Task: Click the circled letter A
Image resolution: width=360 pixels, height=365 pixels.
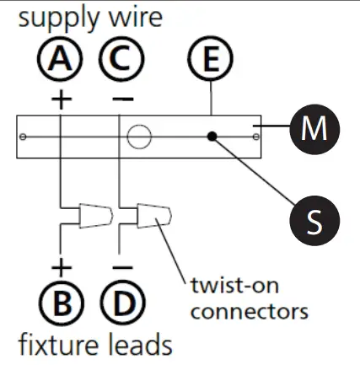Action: pos(62,61)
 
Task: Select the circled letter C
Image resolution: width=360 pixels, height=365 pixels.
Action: pos(121,61)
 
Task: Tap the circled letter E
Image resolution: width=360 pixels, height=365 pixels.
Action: pos(208,61)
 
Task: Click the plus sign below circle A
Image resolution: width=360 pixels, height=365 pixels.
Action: pos(62,98)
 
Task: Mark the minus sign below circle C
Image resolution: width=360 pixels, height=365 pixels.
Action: pos(121,98)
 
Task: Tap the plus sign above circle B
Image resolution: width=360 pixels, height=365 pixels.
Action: pos(62,269)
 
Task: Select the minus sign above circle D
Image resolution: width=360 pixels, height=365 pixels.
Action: pos(121,269)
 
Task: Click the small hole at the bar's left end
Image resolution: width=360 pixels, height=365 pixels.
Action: pos(24,136)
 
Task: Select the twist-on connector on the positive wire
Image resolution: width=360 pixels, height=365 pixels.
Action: pos(92,217)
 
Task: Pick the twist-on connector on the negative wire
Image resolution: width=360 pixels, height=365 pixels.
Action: pos(153,217)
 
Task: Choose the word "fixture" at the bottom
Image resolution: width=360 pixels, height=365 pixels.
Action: pos(58,345)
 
